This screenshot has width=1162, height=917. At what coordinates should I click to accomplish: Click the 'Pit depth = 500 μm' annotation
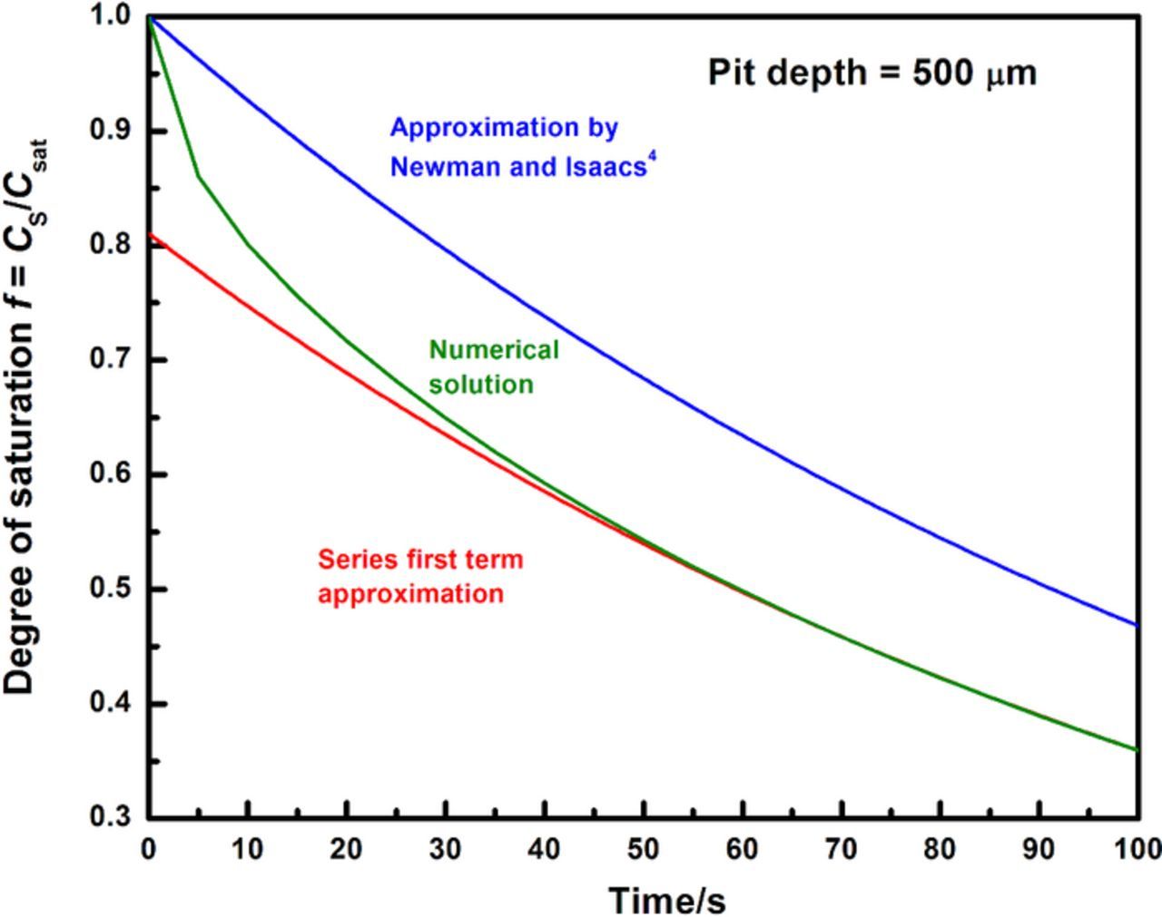point(871,73)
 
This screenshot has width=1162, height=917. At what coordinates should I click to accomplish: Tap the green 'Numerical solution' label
point(493,366)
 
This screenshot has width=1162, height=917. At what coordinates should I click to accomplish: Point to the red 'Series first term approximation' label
point(420,576)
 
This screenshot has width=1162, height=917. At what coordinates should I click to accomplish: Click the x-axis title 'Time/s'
point(667,900)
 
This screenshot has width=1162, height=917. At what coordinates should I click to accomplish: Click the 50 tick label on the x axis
point(644,849)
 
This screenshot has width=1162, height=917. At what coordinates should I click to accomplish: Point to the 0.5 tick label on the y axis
point(112,590)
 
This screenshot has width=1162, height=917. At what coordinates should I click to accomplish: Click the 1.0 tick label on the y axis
point(112,16)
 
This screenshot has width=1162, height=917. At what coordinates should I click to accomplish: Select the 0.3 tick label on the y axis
point(112,817)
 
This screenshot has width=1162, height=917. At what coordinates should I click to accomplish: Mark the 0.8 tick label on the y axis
point(112,246)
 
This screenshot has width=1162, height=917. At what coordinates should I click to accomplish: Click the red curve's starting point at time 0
point(151,234)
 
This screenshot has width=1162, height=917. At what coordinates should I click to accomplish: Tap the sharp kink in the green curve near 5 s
point(199,176)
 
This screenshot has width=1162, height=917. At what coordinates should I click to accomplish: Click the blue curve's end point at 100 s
point(1137,625)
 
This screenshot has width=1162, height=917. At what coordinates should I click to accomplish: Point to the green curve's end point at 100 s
point(1137,749)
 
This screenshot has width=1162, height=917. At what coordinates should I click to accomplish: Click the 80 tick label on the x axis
point(940,849)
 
